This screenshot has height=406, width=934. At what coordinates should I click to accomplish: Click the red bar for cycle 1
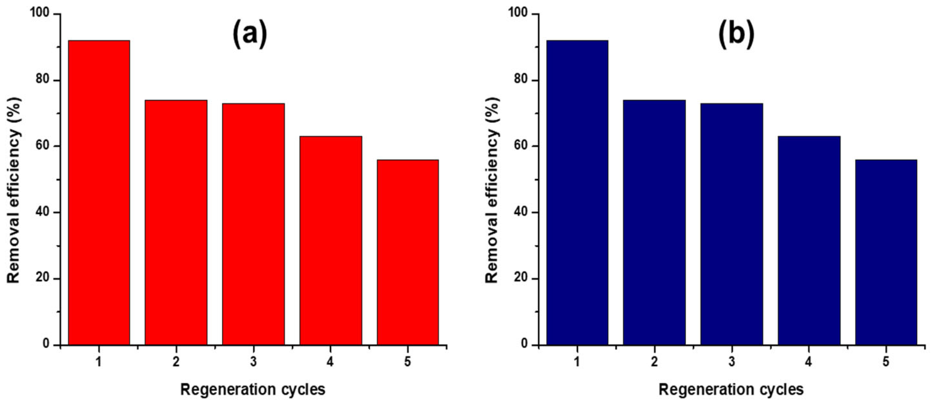tap(99, 192)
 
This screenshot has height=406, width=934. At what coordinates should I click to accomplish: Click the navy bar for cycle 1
tap(577, 192)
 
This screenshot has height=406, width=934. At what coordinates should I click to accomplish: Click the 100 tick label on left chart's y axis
tap(40, 14)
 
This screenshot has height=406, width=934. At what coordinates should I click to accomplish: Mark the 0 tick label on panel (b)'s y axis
tap(525, 344)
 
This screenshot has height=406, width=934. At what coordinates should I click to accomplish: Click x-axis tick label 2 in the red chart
tap(176, 362)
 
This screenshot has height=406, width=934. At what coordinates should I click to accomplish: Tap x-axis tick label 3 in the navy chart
tap(732, 362)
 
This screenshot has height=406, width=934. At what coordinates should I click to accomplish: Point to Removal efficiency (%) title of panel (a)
tap(14, 191)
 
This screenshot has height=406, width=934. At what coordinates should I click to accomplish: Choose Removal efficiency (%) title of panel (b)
tap(492, 191)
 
